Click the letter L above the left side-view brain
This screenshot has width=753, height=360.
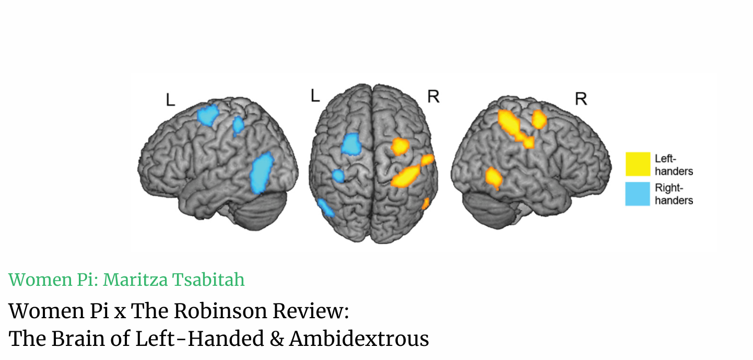click(170, 100)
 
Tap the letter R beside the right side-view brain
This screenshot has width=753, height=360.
click(581, 99)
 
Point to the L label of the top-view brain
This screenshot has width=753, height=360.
click(315, 96)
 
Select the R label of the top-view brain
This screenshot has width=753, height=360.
click(433, 96)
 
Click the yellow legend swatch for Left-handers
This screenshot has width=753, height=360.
click(638, 164)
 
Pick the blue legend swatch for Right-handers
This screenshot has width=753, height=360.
click(638, 193)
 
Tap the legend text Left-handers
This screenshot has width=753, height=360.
click(674, 164)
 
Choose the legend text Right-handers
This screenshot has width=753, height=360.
click(674, 193)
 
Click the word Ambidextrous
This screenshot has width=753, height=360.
click(359, 339)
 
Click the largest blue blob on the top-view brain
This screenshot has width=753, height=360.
click(351, 144)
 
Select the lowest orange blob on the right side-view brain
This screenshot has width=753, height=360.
click(493, 178)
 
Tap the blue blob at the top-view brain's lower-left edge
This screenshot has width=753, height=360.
click(326, 207)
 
